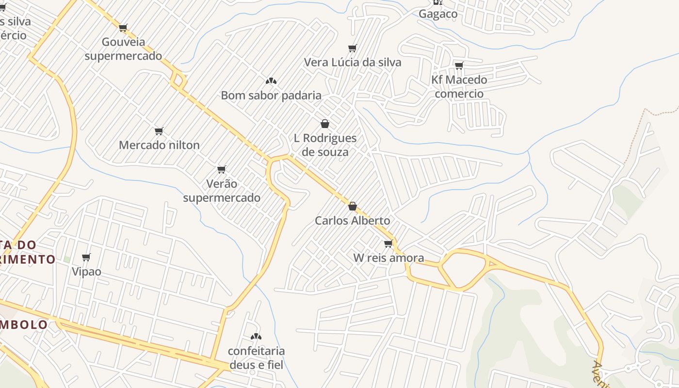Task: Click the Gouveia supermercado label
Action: [123, 49]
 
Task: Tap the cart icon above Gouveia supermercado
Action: [123, 28]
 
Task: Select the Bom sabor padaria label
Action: [271, 95]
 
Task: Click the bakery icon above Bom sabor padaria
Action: [271, 81]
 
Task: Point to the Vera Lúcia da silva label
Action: [353, 62]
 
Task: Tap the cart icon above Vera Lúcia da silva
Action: [353, 48]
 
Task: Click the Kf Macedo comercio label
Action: [459, 86]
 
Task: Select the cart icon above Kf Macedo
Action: [459, 65]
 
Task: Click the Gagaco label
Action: [438, 14]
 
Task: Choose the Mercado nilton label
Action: [159, 145]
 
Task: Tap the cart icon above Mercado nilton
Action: [159, 131]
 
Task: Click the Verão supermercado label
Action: [222, 191]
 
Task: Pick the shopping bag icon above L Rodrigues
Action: [325, 124]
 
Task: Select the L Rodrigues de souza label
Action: [325, 145]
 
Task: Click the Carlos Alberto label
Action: [353, 220]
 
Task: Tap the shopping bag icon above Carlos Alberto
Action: [353, 206]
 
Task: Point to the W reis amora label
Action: [388, 258]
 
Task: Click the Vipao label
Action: [86, 271]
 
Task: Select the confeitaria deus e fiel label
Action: [256, 357]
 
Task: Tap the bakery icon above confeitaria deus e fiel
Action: [256, 337]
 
